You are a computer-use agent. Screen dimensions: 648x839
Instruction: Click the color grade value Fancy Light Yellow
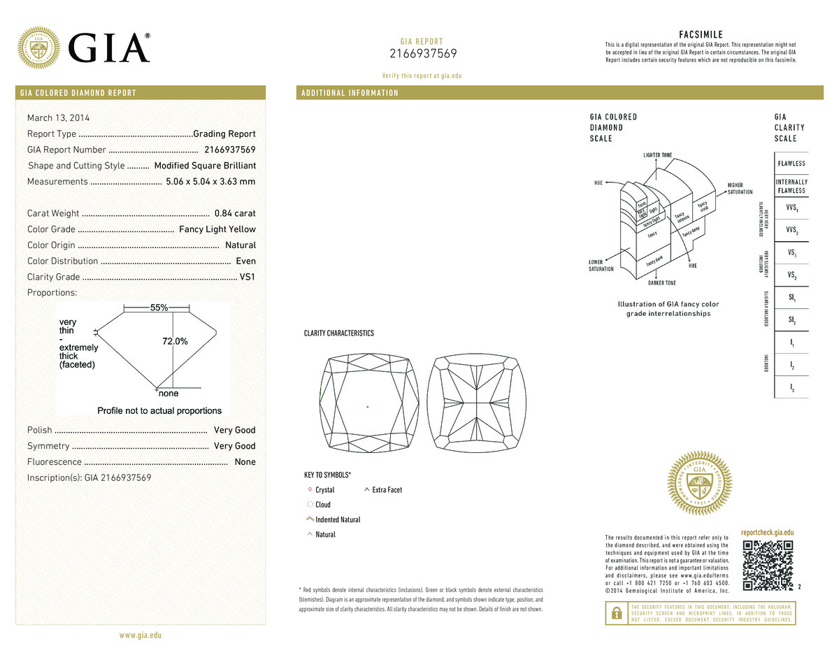coord(217,229)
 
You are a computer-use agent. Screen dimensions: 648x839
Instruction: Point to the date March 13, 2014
coord(58,118)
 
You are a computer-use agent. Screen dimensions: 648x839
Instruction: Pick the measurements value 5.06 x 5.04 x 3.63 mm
coord(210,182)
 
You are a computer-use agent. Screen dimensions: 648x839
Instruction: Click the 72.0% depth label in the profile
coord(175,341)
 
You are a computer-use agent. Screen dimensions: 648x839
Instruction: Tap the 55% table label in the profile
coord(159,308)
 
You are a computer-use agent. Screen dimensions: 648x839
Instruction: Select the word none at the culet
coord(168,394)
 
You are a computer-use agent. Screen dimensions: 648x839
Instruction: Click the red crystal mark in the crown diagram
coord(368,406)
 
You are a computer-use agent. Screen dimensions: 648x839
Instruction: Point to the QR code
coord(768,566)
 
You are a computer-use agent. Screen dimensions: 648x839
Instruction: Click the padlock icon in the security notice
coord(616,613)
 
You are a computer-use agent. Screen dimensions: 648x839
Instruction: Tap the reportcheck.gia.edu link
coord(767,533)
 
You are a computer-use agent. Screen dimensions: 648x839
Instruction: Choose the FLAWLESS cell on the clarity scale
coord(791,164)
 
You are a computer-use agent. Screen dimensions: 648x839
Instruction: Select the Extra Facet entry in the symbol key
coord(387,490)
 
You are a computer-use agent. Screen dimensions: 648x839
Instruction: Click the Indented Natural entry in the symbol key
coord(338,519)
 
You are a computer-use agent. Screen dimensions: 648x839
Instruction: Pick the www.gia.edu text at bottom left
coord(141,635)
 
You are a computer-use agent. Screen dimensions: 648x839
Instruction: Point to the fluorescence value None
coord(245,462)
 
